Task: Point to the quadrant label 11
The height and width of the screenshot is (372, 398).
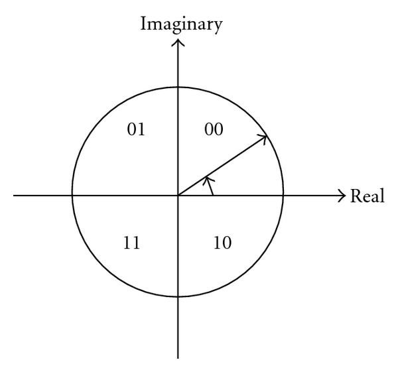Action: [x=131, y=243]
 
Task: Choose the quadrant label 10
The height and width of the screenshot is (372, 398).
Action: [x=223, y=243]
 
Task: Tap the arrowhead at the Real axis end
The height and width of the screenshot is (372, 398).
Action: [x=342, y=196]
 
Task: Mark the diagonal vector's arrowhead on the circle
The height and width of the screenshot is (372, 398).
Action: [x=264, y=138]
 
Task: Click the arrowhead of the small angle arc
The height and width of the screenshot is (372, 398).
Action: [x=208, y=179]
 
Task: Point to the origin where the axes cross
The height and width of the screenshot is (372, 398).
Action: [x=178, y=196]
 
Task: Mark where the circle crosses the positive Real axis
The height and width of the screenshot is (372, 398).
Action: [x=284, y=196]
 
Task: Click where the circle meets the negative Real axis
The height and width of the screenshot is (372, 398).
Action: [x=72, y=196]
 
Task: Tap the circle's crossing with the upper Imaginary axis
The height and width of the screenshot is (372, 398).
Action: [x=178, y=90]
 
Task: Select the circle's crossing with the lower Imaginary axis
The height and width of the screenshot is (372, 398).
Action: [x=178, y=302]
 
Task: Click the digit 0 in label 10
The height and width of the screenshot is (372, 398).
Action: [x=227, y=243]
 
